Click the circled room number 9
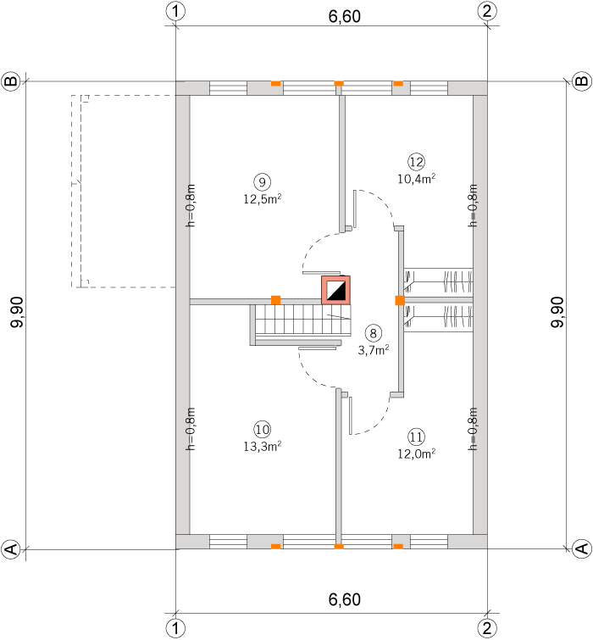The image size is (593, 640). point(263,182)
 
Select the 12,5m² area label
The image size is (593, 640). point(263,198)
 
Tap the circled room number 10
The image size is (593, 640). point(263,430)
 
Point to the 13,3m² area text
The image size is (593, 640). point(263,446)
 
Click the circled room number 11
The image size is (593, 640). point(417,437)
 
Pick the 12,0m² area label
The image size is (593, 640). point(417,454)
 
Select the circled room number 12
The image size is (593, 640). point(417,162)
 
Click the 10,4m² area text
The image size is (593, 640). point(417,179)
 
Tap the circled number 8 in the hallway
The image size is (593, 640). point(374,333)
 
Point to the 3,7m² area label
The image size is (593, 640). point(374,350)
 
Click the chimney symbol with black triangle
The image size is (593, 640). point(336,290)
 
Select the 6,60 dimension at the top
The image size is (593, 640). point(345,16)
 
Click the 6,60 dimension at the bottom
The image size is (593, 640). point(345,599)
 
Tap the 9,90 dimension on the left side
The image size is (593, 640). point(18,312)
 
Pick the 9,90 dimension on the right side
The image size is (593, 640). point(557,312)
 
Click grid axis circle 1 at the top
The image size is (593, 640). point(175,11)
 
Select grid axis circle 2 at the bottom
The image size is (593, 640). point(487,629)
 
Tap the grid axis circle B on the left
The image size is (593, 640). point(11,81)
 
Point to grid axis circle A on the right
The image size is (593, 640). point(582,548)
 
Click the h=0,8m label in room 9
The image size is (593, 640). point(191,205)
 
